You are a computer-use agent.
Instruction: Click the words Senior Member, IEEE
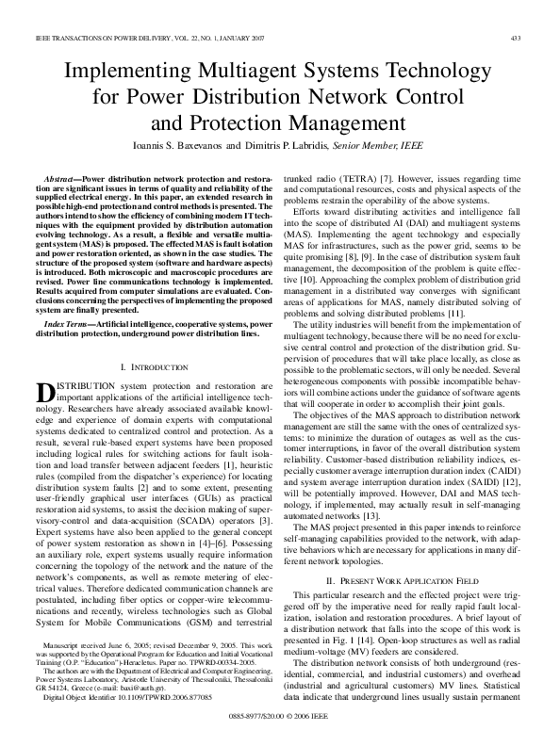coord(387,147)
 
